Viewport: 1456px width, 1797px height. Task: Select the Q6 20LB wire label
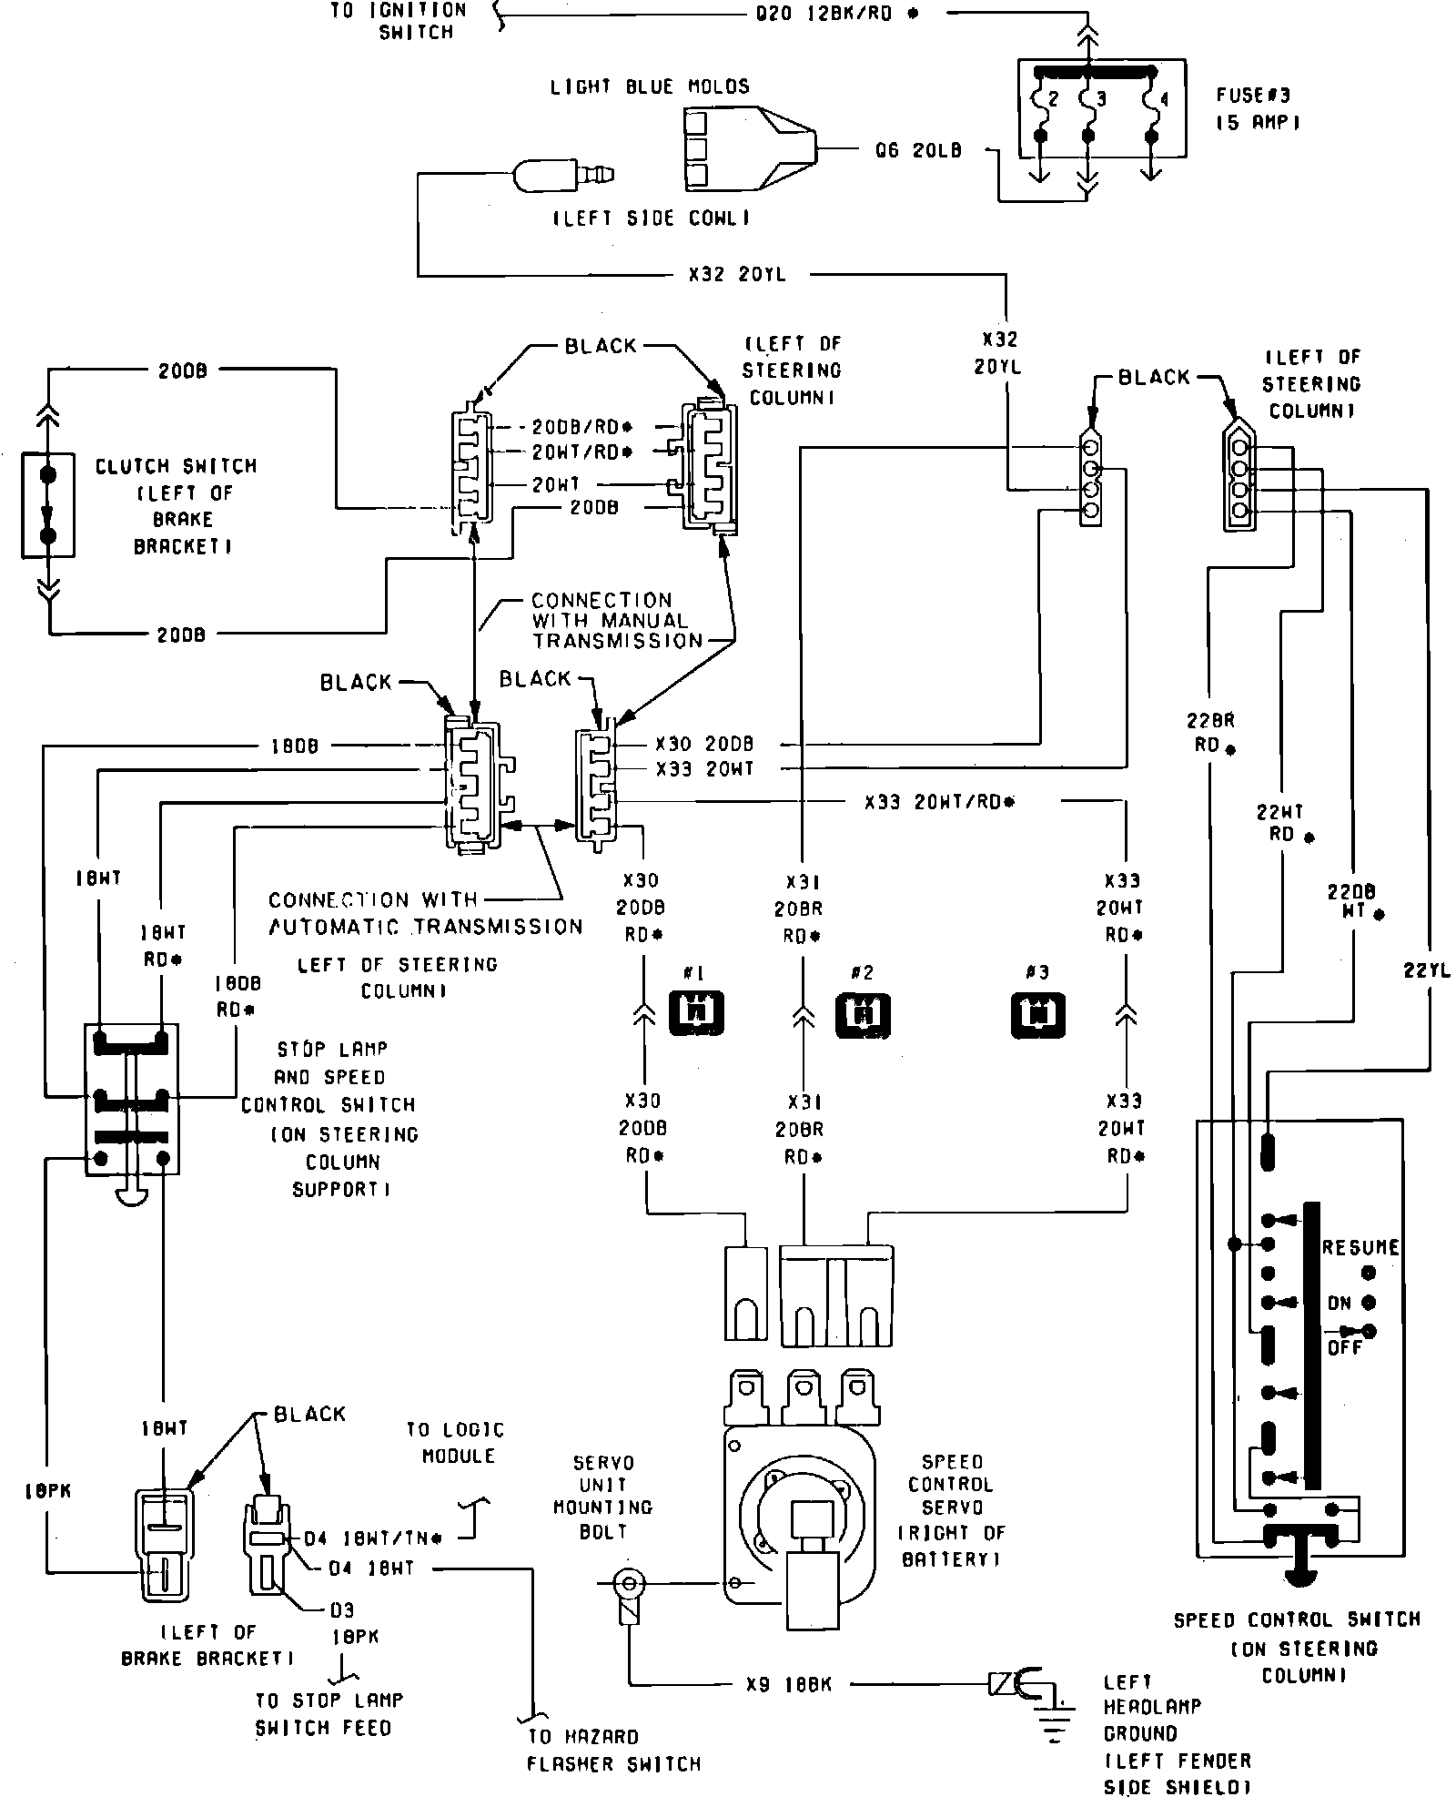[x=918, y=150]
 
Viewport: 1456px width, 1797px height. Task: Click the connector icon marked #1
[x=696, y=1012]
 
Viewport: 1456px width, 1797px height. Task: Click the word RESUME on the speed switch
[x=1360, y=1248]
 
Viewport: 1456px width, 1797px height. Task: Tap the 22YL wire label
[x=1426, y=970]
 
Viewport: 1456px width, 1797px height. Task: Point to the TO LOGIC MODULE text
[x=455, y=1443]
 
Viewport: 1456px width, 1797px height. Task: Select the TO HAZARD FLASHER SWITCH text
[x=614, y=1749]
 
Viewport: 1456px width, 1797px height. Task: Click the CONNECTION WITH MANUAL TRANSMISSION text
[x=610, y=620]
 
